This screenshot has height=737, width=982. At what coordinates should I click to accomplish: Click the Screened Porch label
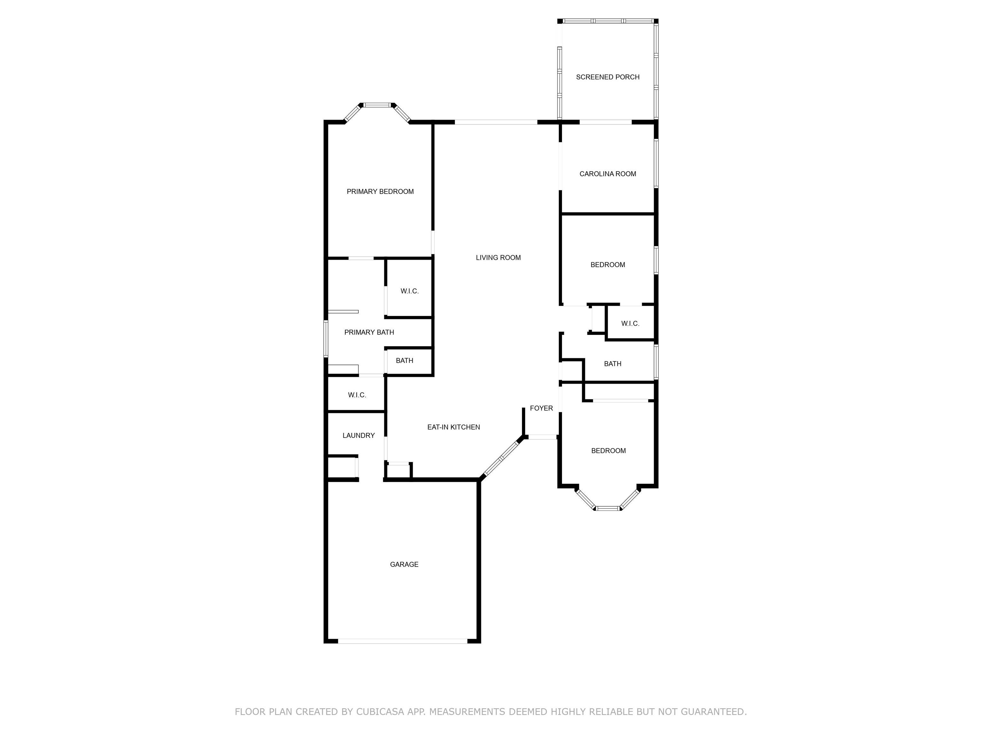(x=607, y=77)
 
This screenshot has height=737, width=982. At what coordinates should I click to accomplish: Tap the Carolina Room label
(x=607, y=174)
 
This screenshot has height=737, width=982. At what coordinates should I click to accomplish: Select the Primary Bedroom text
(x=380, y=192)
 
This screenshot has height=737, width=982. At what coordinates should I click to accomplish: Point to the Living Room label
(x=498, y=258)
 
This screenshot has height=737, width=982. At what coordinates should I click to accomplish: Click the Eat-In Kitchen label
(x=453, y=427)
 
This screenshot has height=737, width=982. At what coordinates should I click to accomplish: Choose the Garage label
(x=404, y=564)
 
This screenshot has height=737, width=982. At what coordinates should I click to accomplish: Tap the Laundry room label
(x=358, y=435)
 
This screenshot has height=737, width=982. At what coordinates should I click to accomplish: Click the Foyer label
(x=541, y=408)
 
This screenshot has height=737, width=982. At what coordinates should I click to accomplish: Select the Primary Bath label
(x=369, y=332)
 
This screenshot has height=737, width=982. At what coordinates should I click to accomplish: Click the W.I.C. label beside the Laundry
(x=357, y=395)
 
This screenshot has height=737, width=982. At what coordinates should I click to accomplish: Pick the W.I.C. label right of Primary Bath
(x=409, y=291)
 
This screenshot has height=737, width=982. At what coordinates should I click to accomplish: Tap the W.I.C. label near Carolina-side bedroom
(x=630, y=323)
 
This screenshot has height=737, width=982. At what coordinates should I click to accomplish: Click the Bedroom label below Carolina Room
(x=607, y=265)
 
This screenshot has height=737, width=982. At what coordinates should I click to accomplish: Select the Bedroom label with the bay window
(x=608, y=450)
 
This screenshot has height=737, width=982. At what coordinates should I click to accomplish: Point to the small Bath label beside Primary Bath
(x=404, y=360)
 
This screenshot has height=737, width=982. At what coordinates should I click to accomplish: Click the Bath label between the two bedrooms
(x=613, y=364)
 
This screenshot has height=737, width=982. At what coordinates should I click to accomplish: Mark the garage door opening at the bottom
(x=403, y=641)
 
